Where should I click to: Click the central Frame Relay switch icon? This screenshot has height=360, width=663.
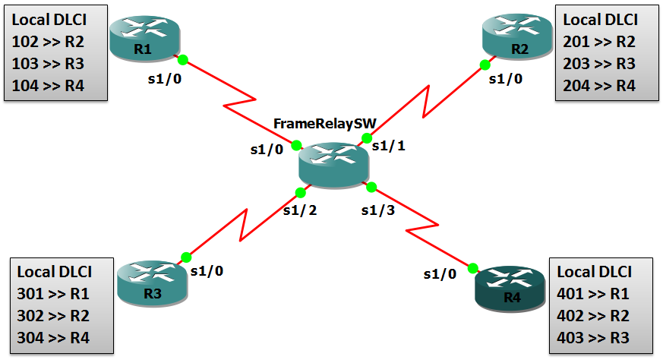(x=333, y=163)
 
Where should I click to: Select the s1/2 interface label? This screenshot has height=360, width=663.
(x=299, y=210)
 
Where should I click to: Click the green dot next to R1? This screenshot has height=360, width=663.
(x=182, y=59)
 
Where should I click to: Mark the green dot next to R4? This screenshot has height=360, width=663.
(x=472, y=267)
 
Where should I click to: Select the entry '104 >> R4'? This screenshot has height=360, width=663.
(x=47, y=85)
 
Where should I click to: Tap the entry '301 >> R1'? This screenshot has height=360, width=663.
(x=53, y=295)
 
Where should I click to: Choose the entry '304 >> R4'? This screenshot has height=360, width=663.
(x=53, y=338)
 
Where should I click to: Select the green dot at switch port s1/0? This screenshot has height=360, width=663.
(x=296, y=145)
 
